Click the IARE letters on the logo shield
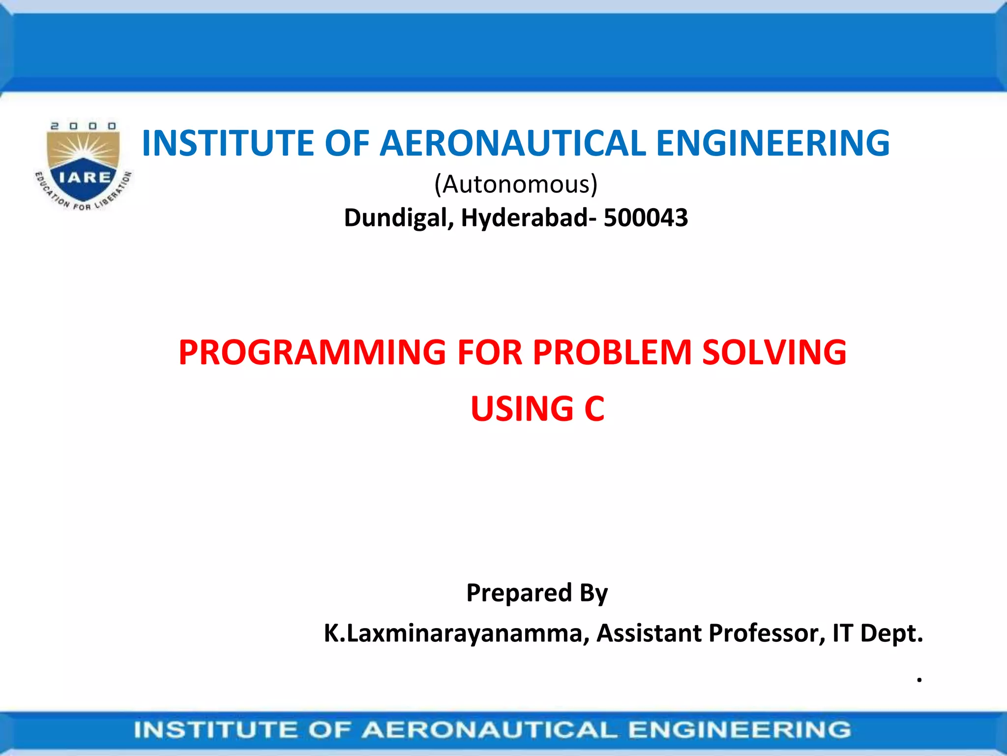(x=85, y=177)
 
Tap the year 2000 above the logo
(x=83, y=126)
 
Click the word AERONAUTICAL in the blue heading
(x=512, y=143)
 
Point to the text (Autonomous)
(x=516, y=185)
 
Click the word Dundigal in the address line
(x=399, y=218)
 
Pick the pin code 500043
(x=646, y=218)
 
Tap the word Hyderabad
(x=524, y=218)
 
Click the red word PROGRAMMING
(x=312, y=353)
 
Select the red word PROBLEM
(x=613, y=353)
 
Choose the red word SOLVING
(x=774, y=353)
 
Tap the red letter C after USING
(x=594, y=409)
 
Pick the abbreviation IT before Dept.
(x=843, y=633)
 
